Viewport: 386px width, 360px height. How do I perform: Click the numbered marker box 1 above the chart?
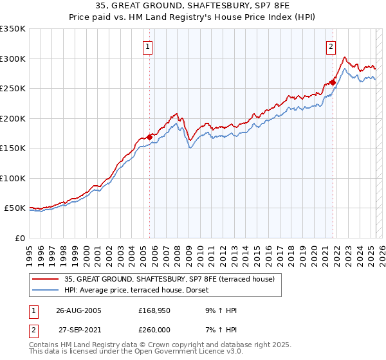(148, 47)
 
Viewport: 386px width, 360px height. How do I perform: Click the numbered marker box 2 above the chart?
(331, 47)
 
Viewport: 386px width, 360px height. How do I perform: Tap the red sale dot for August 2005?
(149, 137)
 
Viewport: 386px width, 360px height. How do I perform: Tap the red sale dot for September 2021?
(333, 82)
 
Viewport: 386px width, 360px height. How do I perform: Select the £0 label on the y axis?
(19, 238)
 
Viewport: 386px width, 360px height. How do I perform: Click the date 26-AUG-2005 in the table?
(78, 310)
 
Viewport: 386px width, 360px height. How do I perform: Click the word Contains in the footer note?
(44, 345)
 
